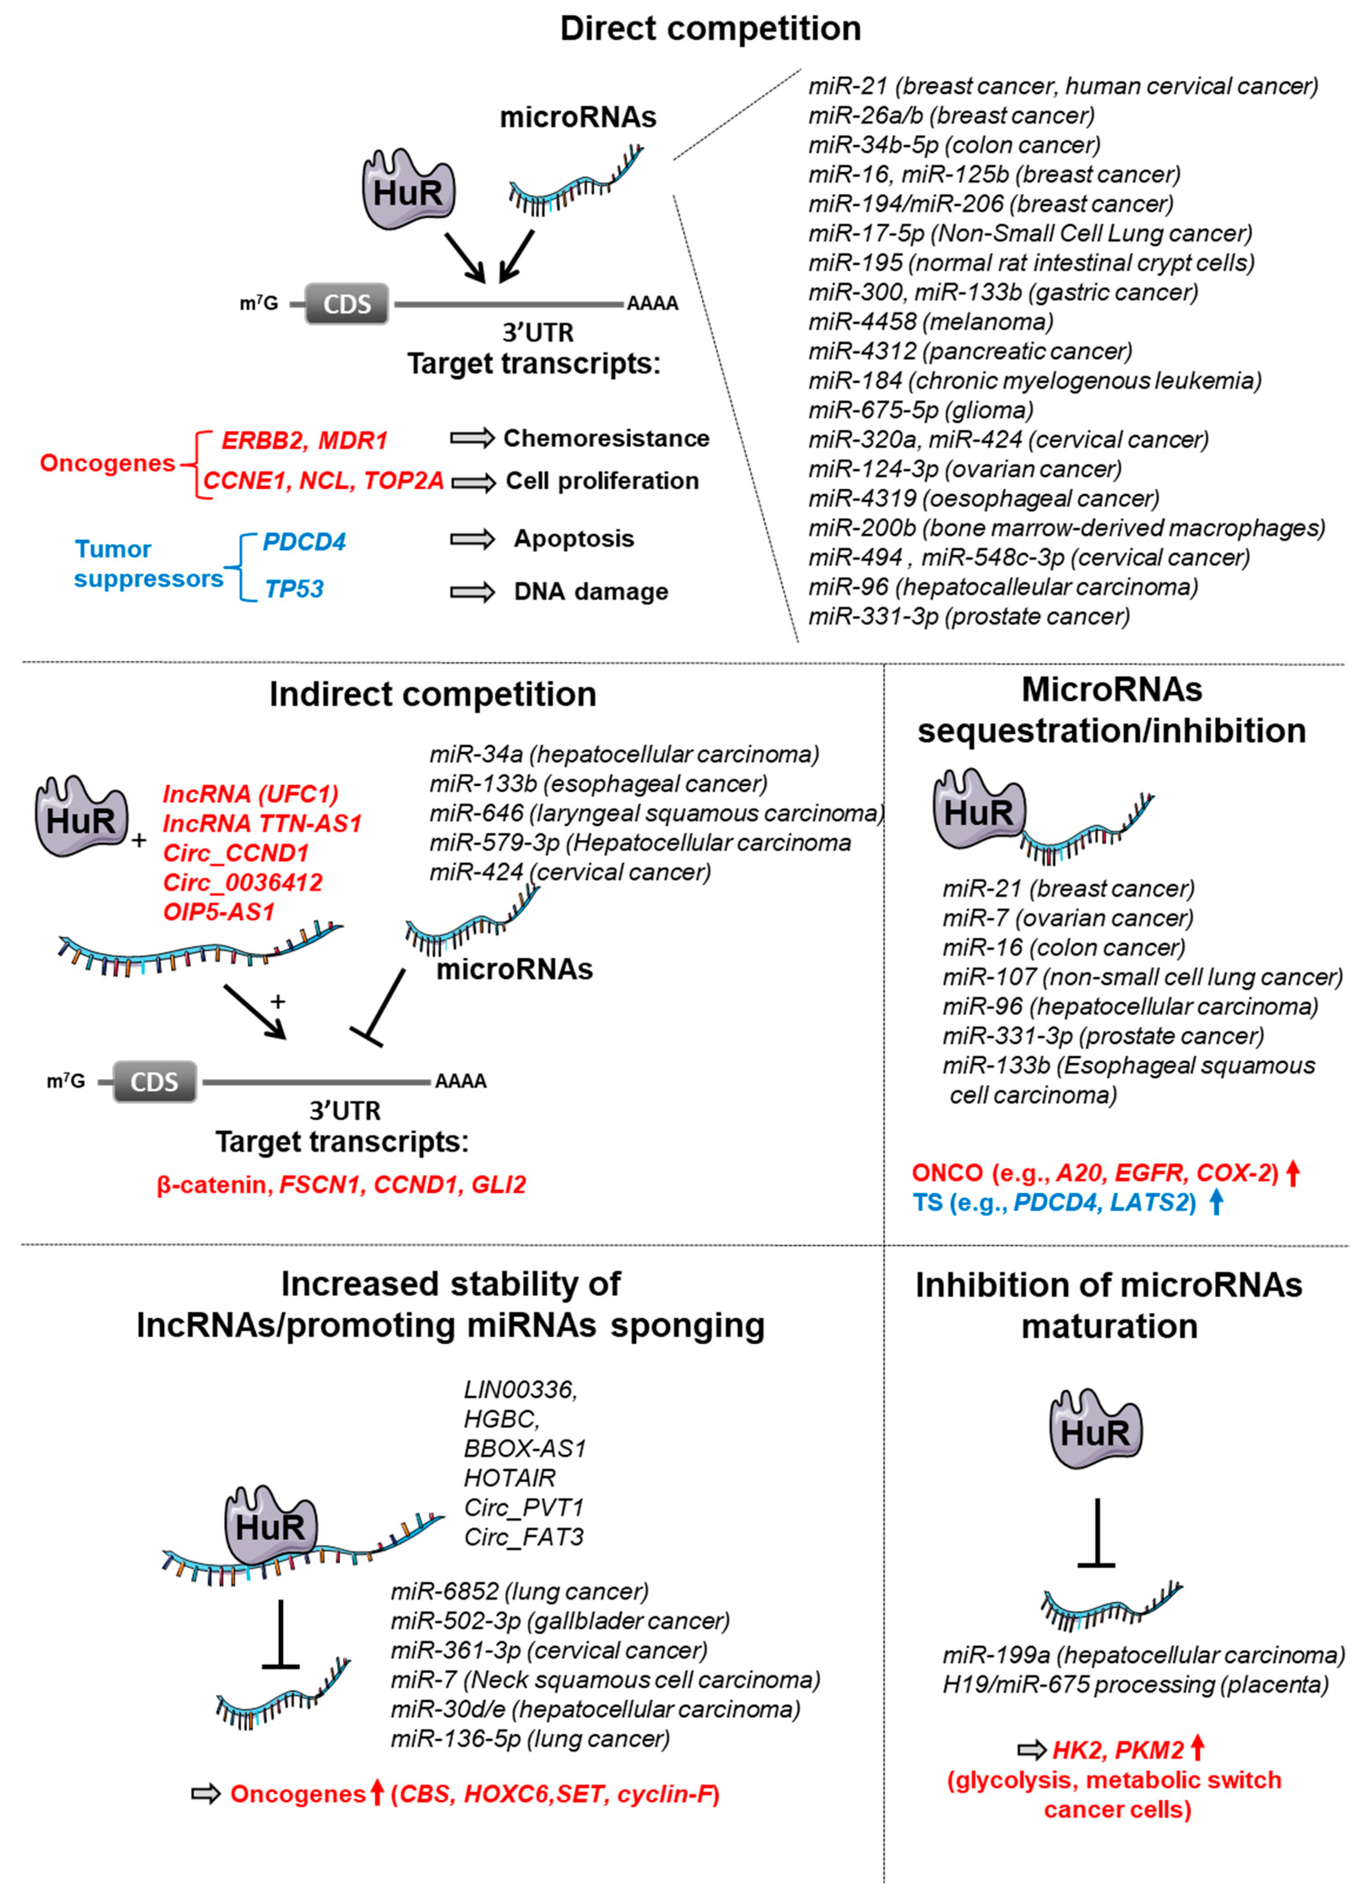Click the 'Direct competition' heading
click(710, 28)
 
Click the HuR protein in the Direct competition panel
click(408, 190)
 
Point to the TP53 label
click(294, 589)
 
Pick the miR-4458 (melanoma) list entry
click(930, 322)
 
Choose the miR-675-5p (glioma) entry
click(920, 410)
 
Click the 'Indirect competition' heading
click(433, 694)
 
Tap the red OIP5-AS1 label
click(219, 912)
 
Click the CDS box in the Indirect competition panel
click(154, 1082)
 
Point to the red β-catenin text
click(211, 1185)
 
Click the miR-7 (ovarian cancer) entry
click(1067, 918)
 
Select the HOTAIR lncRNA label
click(509, 1478)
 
